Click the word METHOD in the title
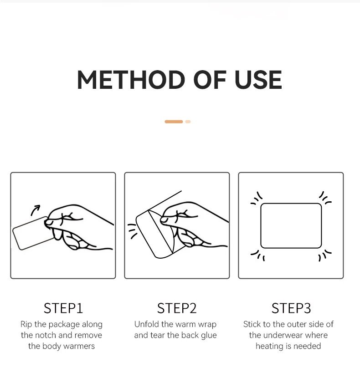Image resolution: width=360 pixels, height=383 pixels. (x=131, y=80)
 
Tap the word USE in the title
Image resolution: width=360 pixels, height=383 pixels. (x=258, y=80)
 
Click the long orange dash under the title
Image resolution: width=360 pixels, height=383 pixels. (x=174, y=122)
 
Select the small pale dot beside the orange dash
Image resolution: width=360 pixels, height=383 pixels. (x=188, y=122)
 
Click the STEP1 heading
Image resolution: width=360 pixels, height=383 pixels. (x=63, y=308)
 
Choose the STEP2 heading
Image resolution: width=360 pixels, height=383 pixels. (x=177, y=308)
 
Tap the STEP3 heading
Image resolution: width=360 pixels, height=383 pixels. (x=291, y=308)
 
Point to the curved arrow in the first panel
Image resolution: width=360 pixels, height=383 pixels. (x=35, y=209)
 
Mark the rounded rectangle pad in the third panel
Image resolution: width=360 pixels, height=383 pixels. (x=291, y=203)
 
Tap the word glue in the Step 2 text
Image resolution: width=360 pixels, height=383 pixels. (x=209, y=336)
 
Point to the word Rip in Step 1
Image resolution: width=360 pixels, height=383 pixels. (x=26, y=325)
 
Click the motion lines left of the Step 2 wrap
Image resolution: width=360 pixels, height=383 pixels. (x=132, y=231)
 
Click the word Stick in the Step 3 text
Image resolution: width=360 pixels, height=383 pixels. (x=252, y=324)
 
